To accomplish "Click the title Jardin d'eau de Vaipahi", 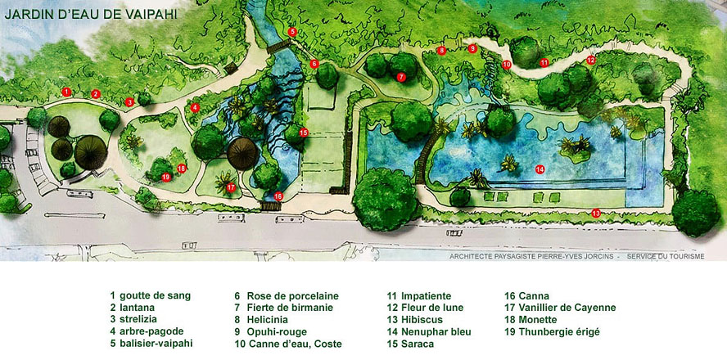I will tap(89, 14).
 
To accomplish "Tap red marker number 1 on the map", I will tap(67, 91).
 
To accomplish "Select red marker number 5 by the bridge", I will tap(292, 32).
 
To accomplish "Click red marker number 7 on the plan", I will tap(401, 77).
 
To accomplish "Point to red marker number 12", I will tap(590, 60).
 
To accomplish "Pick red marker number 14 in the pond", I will tap(540, 169).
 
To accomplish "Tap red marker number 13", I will tap(595, 214).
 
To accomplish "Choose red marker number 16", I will tap(278, 196).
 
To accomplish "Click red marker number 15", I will tap(303, 133).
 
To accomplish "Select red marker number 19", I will tap(166, 177).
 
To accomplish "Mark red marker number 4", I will tap(195, 107).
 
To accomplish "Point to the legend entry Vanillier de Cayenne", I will tap(560, 308).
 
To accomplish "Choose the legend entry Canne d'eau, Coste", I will tap(288, 344).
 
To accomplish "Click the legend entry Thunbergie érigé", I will tap(552, 332).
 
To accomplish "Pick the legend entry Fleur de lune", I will tap(426, 308).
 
